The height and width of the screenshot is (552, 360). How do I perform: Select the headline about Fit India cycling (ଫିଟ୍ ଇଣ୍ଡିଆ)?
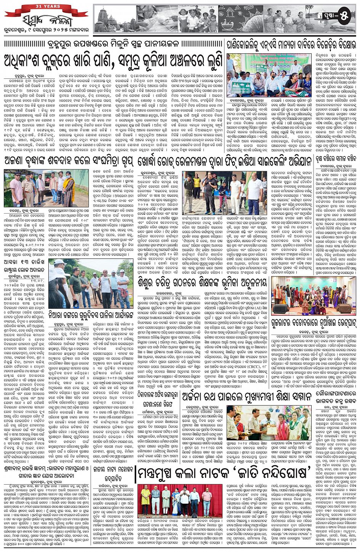[x=229, y=161]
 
